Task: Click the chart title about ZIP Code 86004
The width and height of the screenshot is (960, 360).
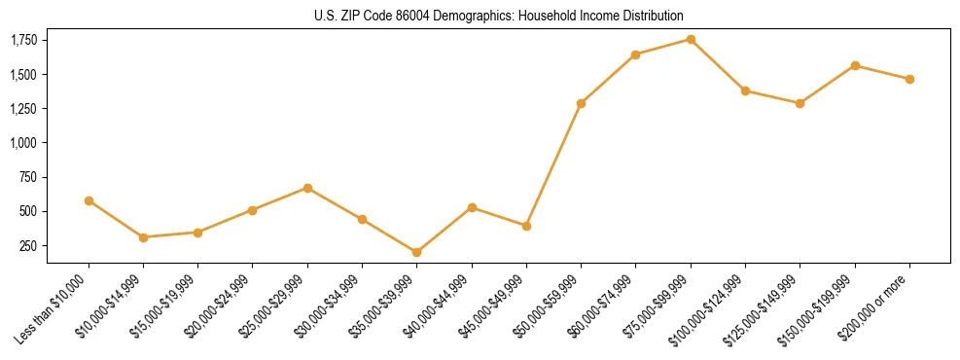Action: [x=499, y=16]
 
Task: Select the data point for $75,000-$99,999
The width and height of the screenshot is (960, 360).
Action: [x=691, y=39]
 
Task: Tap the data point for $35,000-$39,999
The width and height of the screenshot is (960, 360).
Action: [x=416, y=252]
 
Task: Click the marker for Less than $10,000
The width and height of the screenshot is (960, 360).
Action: [x=89, y=200]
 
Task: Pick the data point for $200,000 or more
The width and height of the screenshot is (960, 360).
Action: [x=909, y=79]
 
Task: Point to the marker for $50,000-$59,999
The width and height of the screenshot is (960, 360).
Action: [x=581, y=103]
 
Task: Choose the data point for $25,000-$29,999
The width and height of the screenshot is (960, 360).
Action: [x=307, y=188]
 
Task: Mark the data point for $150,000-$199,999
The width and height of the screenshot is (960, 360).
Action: [x=855, y=65]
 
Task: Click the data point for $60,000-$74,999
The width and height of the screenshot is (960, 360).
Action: [x=635, y=54]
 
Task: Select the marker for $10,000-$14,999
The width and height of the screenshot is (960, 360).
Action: [x=143, y=237]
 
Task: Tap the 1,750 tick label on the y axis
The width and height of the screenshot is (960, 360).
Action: [x=23, y=40]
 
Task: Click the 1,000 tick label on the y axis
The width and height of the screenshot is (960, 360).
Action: [x=23, y=143]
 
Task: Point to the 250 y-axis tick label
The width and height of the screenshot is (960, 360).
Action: [x=28, y=245]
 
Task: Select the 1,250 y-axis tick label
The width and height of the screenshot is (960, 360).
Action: [x=23, y=108]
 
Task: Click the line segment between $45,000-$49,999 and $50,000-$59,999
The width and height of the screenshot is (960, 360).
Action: [x=553, y=164]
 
